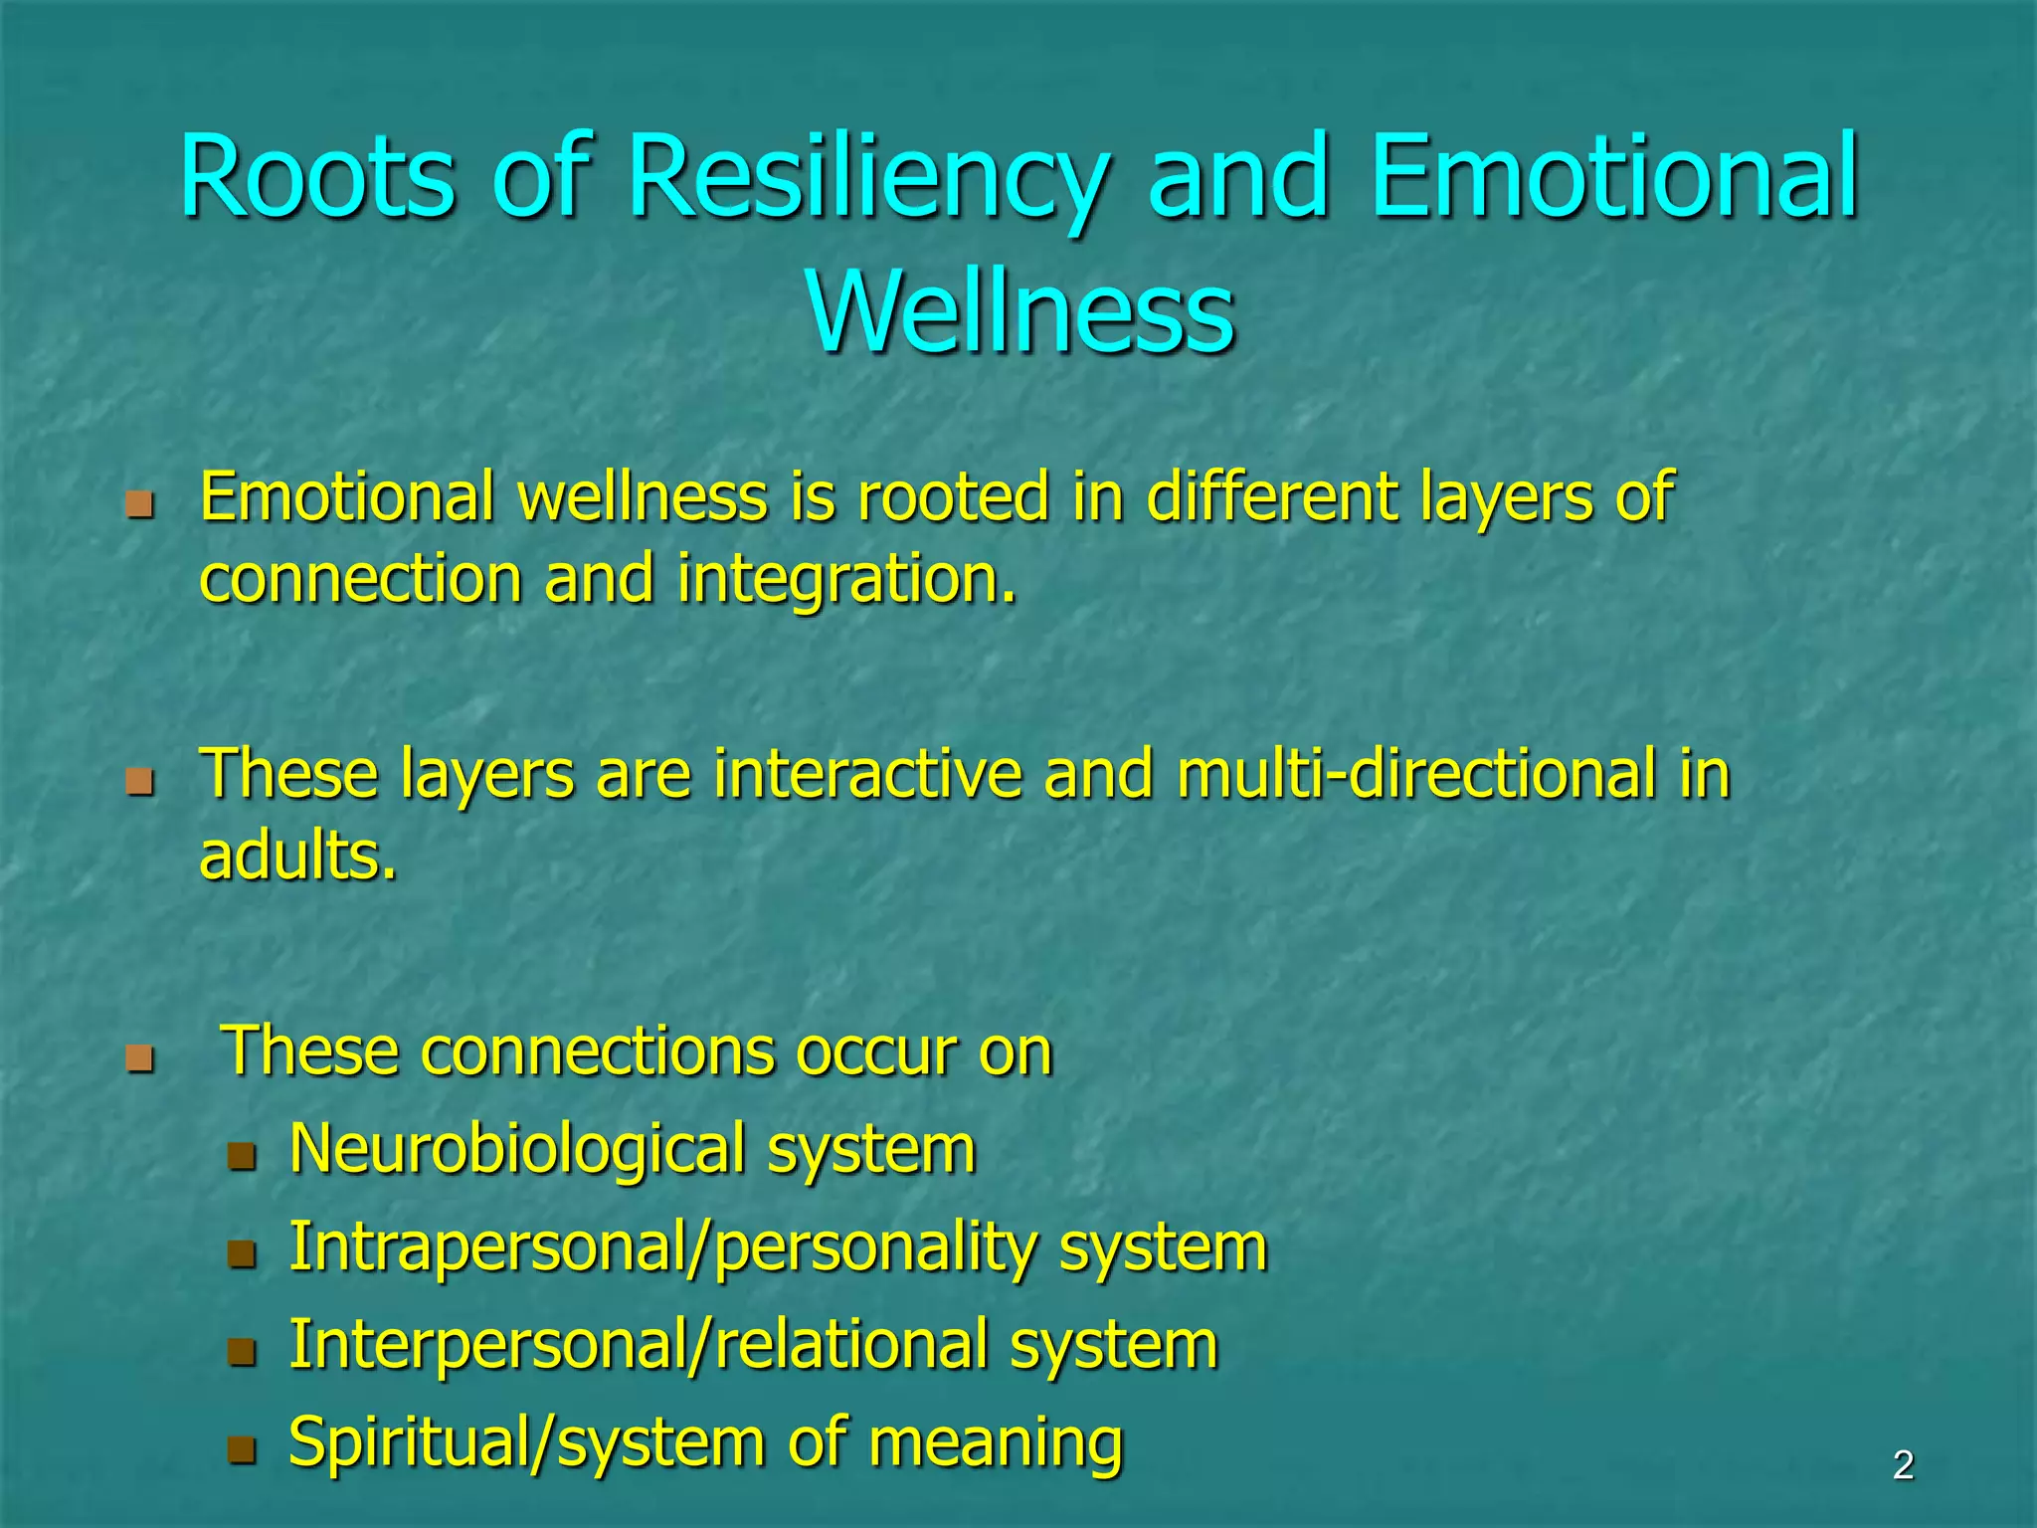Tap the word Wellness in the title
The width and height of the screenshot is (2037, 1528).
[x=1020, y=311]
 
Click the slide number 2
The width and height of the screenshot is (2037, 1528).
[x=1903, y=1465]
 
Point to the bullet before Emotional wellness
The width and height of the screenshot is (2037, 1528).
[x=140, y=504]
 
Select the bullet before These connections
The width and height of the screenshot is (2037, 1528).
[x=140, y=1057]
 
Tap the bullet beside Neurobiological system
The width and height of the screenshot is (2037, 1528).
[x=242, y=1156]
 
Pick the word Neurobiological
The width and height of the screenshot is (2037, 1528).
[x=517, y=1149]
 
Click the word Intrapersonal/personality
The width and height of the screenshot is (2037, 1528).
[x=662, y=1246]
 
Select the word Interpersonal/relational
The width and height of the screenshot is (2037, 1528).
[x=638, y=1344]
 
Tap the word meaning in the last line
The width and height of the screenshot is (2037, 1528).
[x=996, y=1441]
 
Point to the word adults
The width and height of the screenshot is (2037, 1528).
[x=298, y=856]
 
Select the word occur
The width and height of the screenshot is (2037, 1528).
[x=875, y=1051]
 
